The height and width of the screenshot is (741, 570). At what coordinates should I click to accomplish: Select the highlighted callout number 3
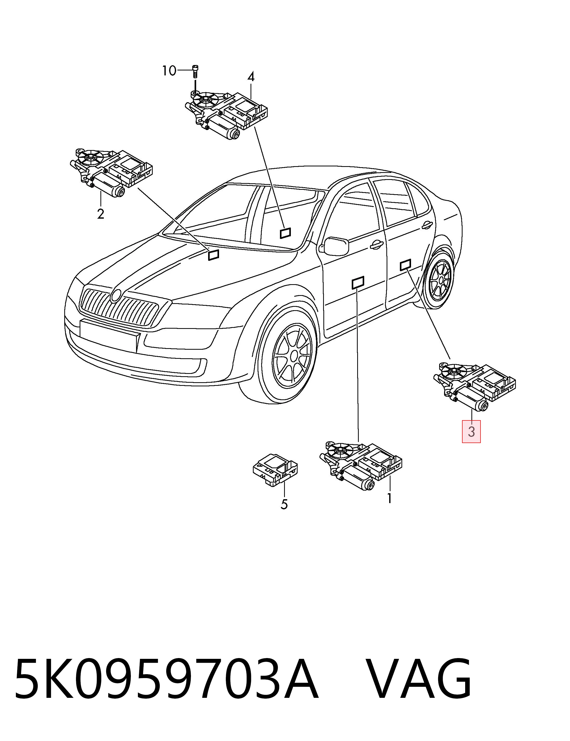point(471,432)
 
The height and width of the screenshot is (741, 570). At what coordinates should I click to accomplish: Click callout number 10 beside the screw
point(169,71)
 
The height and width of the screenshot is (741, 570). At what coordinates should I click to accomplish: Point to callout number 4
point(251,77)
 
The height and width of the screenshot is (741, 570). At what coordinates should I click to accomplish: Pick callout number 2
point(100,214)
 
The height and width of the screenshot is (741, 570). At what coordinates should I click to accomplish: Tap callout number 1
point(389,498)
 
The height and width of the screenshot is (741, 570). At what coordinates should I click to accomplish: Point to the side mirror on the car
point(336,246)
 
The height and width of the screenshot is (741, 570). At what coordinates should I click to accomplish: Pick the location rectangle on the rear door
point(405,265)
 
